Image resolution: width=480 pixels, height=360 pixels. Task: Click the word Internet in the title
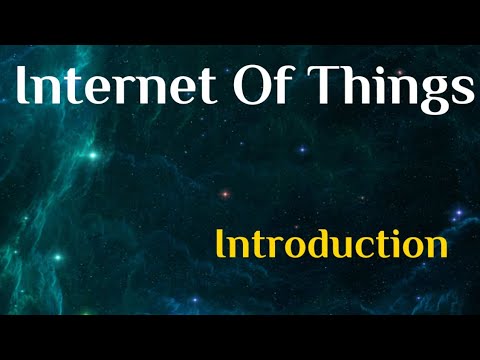pyautogui.click(x=119, y=90)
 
